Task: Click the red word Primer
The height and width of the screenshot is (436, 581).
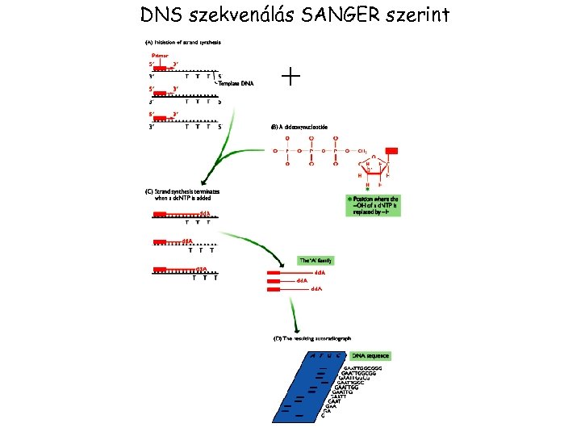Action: click(160, 55)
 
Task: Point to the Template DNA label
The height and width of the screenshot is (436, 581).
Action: click(236, 82)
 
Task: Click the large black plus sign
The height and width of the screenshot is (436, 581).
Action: click(290, 77)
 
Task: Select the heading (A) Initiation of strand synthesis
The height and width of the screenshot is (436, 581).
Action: click(184, 42)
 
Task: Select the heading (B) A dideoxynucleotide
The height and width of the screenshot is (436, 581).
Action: click(303, 127)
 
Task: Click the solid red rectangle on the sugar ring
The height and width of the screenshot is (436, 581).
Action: click(392, 151)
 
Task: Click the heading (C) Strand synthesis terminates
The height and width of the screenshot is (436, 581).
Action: click(182, 195)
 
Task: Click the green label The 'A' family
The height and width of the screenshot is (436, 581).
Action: click(316, 261)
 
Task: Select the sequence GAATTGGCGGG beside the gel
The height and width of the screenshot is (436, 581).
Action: click(364, 368)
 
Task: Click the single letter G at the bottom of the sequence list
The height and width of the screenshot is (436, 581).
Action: click(324, 416)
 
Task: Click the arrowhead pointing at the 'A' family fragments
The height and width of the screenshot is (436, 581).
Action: click(282, 268)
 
